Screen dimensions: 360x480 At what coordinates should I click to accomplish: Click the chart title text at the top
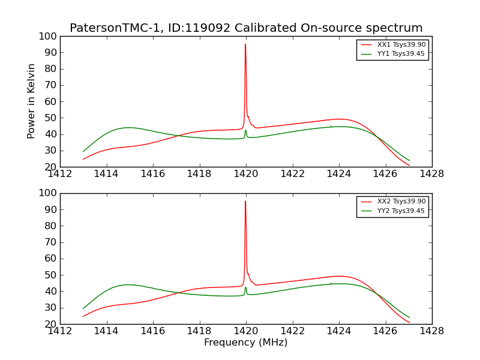click(246, 28)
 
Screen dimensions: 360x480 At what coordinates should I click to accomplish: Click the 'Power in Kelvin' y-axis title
click(32, 101)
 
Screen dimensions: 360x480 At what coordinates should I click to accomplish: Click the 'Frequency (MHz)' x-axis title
click(246, 343)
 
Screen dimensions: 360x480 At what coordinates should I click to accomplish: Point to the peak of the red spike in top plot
click(245, 44)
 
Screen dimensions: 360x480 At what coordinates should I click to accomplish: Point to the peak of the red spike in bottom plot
click(245, 202)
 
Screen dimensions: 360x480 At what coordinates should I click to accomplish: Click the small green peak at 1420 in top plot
click(245, 131)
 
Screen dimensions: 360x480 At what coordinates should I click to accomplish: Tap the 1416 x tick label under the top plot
click(153, 174)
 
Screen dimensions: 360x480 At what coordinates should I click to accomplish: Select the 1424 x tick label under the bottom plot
click(338, 331)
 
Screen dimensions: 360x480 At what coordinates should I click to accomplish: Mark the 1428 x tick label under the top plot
click(431, 174)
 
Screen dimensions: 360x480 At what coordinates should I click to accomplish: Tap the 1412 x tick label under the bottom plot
click(60, 331)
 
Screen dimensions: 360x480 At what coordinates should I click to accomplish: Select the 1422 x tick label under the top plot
click(292, 174)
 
